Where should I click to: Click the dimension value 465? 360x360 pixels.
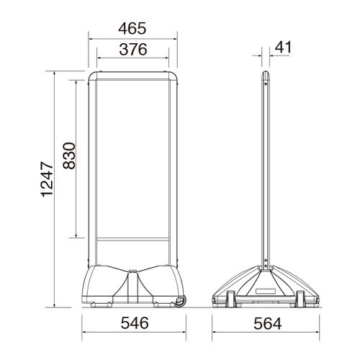(x=132, y=28)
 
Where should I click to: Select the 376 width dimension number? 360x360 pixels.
(x=133, y=50)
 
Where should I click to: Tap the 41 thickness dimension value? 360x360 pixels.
(x=283, y=47)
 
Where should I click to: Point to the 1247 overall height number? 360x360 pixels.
(x=47, y=179)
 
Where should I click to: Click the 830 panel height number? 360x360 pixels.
(x=69, y=156)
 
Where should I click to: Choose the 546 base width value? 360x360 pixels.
(x=135, y=323)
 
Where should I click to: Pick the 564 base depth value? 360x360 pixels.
(x=267, y=323)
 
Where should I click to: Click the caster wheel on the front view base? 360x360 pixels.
(x=180, y=302)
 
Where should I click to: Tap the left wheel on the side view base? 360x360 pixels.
(x=231, y=299)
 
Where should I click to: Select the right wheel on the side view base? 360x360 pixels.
(x=300, y=299)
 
